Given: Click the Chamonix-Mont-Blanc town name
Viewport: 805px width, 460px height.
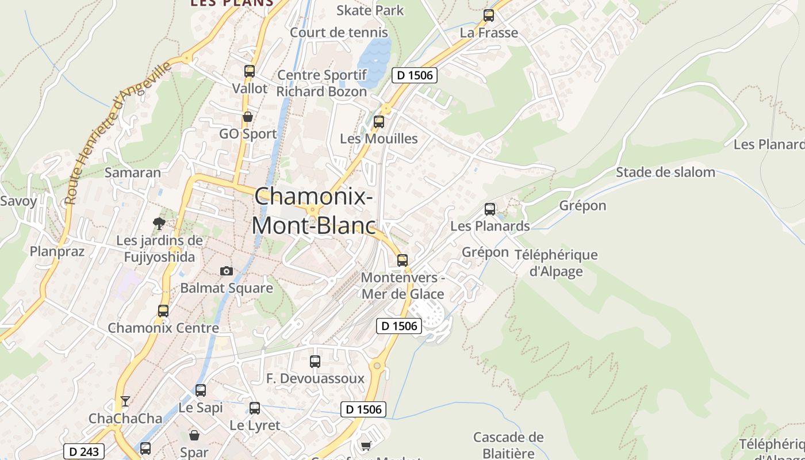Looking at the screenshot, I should [x=313, y=210].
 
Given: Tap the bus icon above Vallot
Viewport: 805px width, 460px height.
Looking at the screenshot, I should [x=250, y=71].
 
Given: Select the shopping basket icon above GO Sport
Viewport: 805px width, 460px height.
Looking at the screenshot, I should [x=248, y=117].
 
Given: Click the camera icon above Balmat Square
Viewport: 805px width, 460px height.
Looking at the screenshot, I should [x=227, y=271].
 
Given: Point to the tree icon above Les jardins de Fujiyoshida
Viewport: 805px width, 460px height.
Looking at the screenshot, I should [x=159, y=223].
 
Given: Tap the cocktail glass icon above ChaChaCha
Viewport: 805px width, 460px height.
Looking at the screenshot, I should [x=125, y=401].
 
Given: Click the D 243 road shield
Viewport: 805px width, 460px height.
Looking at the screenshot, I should [x=84, y=452].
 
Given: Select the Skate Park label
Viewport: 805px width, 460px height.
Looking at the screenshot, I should [x=370, y=10].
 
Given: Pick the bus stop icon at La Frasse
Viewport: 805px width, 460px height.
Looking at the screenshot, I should [x=489, y=16].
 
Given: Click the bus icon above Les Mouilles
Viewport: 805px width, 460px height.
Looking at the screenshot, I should [x=379, y=122].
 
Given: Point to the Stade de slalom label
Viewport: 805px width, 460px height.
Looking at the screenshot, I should [x=665, y=172].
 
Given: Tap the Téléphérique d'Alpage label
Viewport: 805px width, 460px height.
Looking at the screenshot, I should [x=555, y=263].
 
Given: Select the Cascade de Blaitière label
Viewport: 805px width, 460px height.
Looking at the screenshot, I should [x=508, y=445].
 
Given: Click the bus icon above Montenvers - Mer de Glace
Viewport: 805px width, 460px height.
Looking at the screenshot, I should [x=402, y=260].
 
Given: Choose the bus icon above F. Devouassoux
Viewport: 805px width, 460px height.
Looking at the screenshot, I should [x=315, y=362].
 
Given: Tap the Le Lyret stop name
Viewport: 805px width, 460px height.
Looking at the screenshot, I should [x=255, y=425].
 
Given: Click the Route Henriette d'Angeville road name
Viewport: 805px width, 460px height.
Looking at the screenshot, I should [x=118, y=132].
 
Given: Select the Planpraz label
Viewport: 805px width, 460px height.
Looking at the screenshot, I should [x=57, y=251].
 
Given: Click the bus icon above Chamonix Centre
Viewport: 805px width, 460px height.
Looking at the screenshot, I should [x=163, y=311].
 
